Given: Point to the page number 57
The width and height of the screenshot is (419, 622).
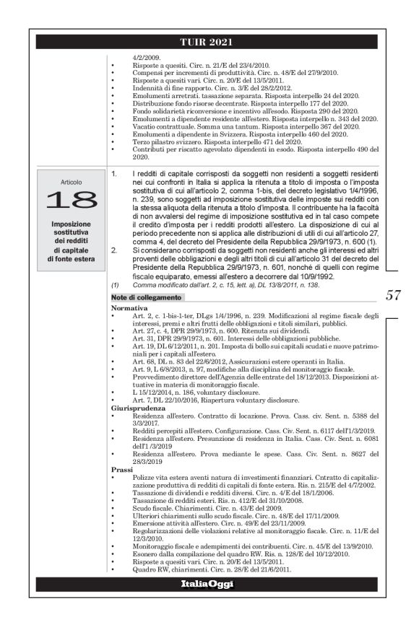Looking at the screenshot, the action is click(393, 295).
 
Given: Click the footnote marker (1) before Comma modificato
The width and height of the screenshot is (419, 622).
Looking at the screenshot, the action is click(114, 287).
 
